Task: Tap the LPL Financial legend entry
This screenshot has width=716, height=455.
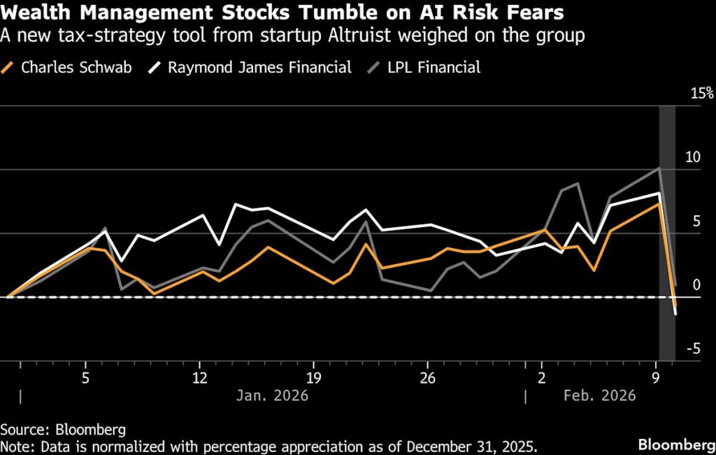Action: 434,68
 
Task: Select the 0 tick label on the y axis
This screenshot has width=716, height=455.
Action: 695,285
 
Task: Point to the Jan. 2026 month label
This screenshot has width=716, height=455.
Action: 272,396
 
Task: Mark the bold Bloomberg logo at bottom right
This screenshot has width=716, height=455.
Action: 673,444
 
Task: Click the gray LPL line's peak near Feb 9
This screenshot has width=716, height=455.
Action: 659,168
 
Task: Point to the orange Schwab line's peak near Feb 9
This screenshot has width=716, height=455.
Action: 658,203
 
